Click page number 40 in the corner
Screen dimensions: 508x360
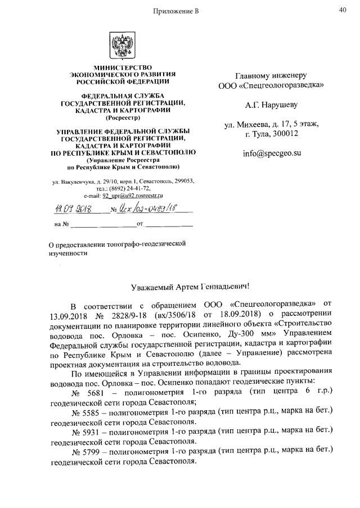click(343, 10)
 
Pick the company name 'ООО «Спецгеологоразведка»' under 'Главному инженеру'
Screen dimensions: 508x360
click(271, 86)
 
